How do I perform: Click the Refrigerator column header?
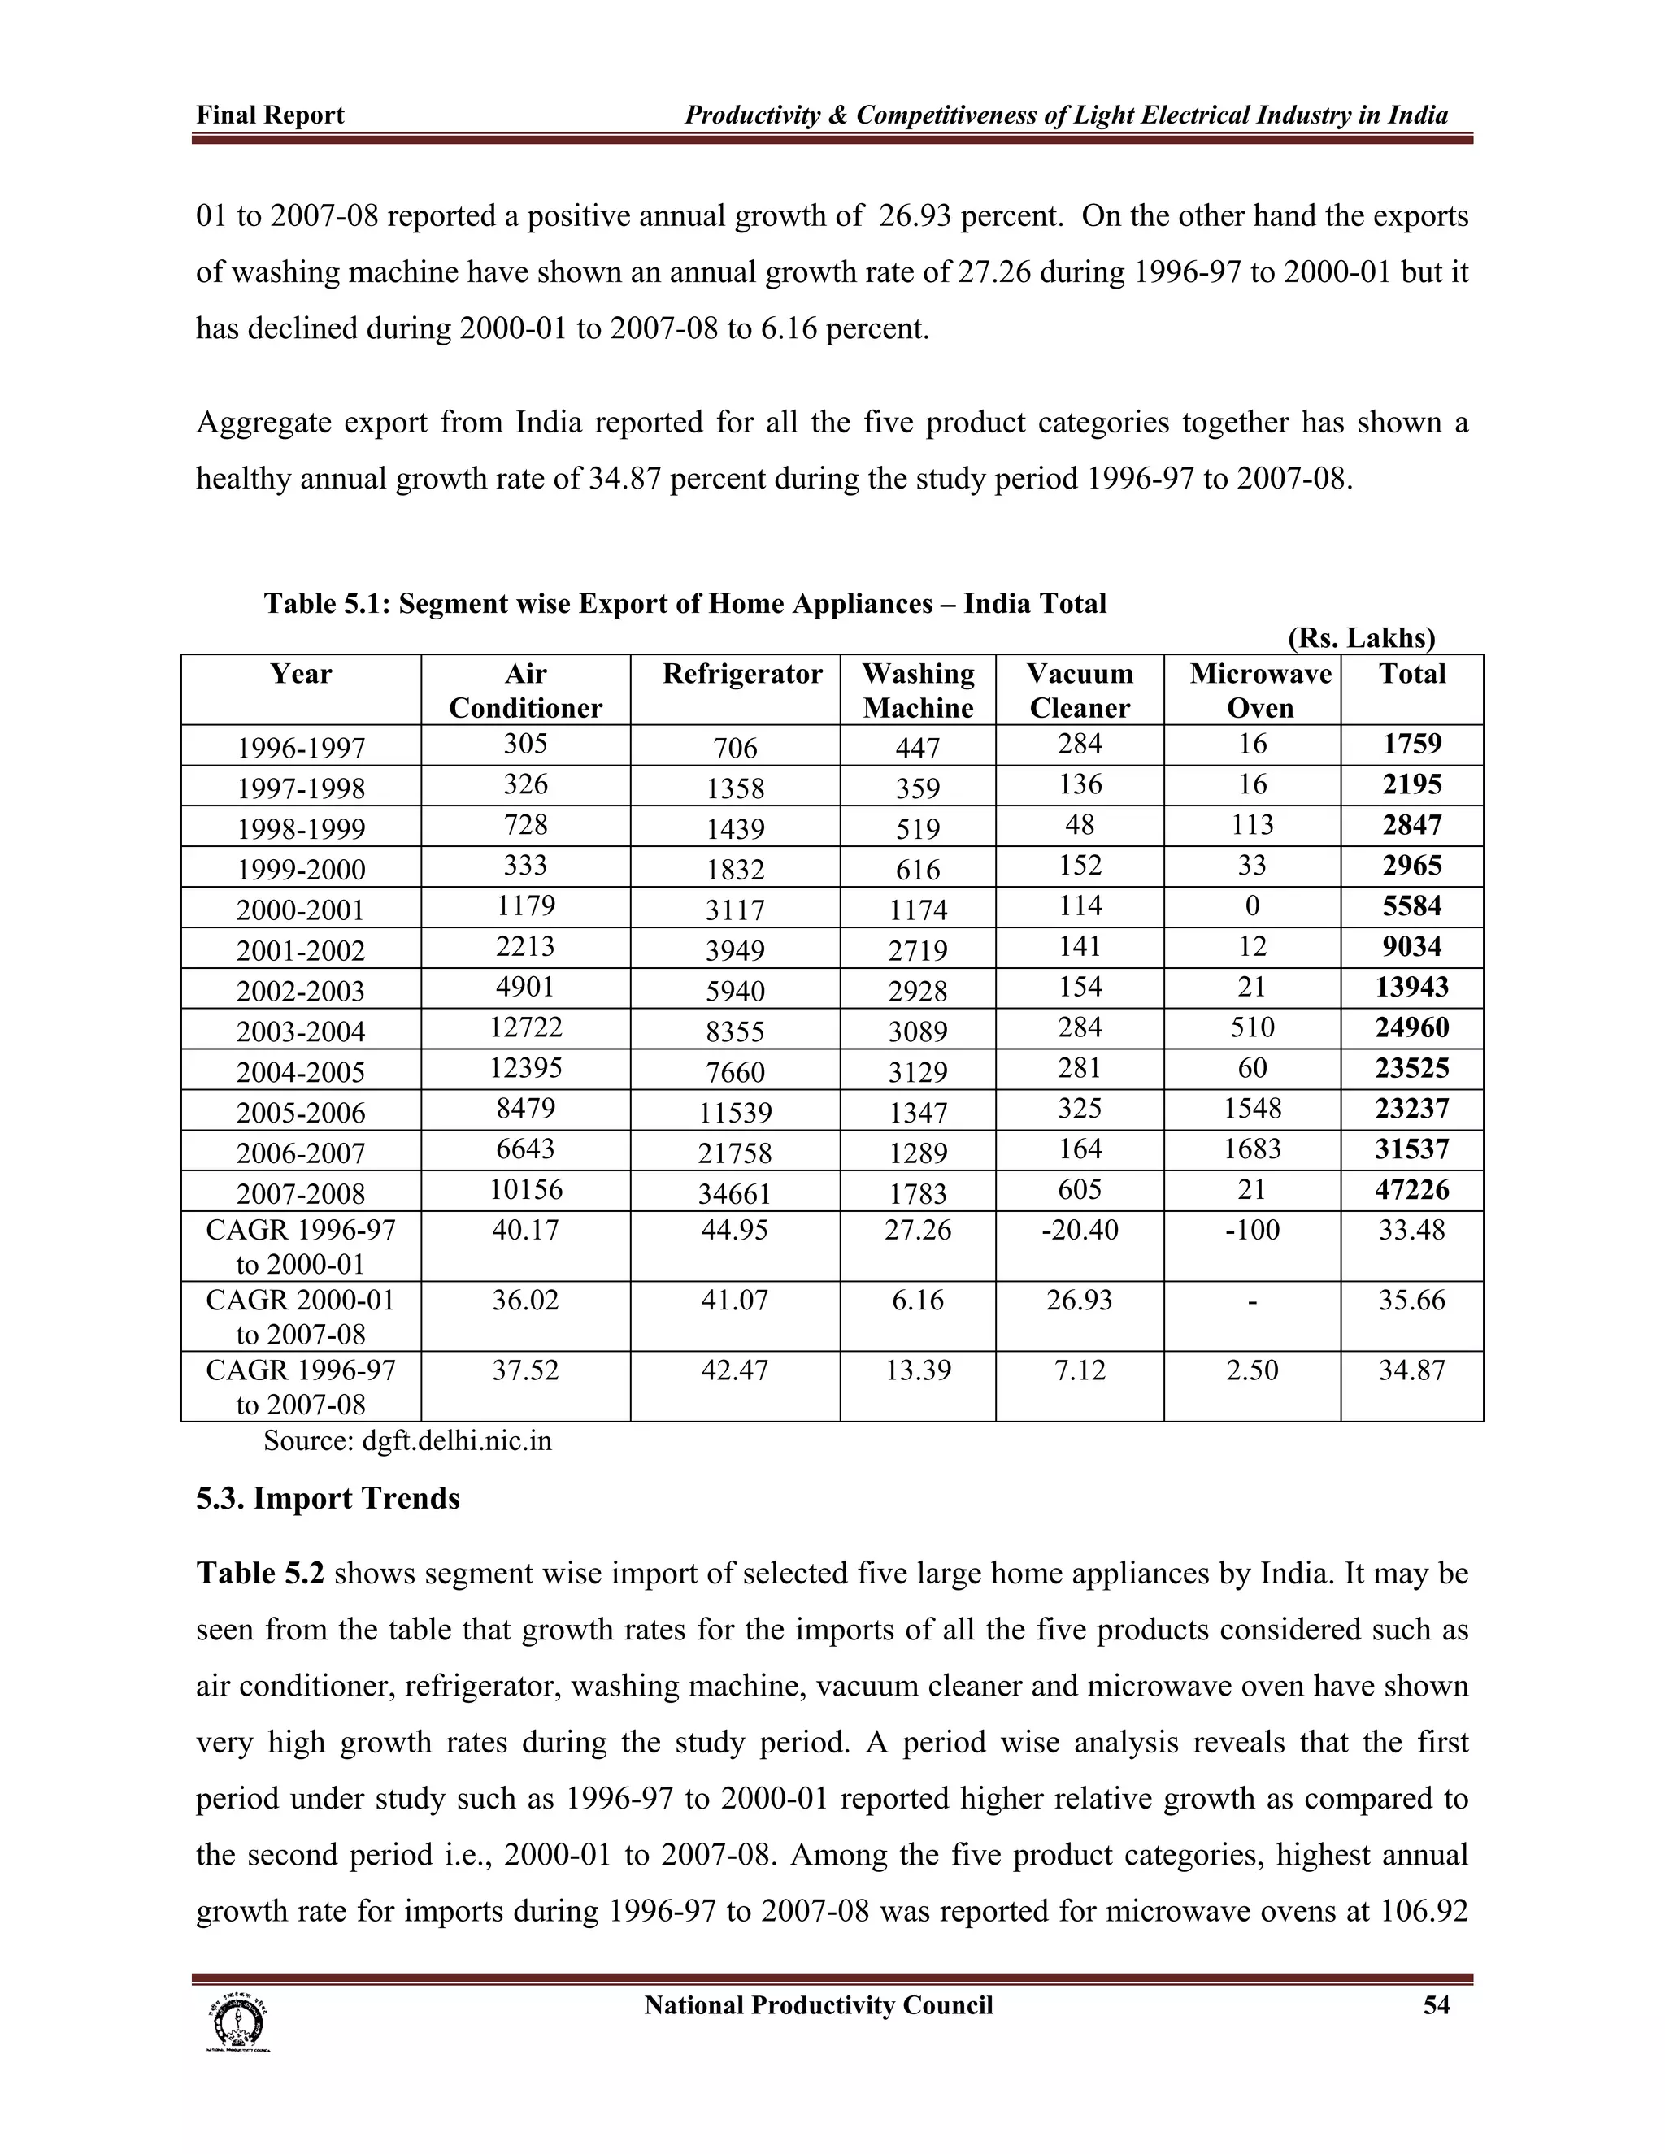(741, 674)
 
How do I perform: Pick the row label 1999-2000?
(300, 869)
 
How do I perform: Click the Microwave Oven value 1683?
(1252, 1149)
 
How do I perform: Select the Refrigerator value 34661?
(735, 1193)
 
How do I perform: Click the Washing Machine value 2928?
(917, 991)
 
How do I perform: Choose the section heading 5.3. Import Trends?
(328, 1498)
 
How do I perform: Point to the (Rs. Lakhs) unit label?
(1361, 638)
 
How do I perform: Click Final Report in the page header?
(270, 115)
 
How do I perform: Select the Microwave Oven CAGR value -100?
(1252, 1230)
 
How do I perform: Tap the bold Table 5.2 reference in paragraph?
(259, 1573)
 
